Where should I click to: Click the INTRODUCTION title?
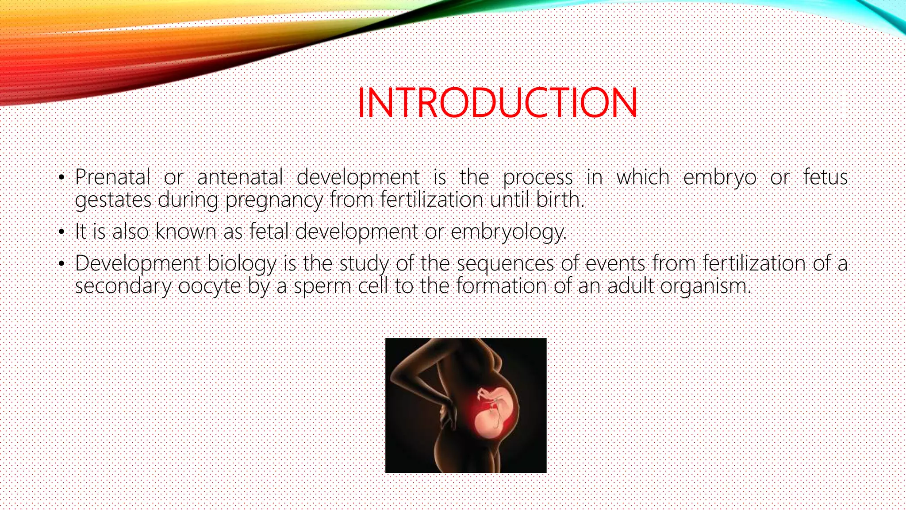[x=497, y=103]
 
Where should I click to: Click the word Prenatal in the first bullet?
[x=113, y=177]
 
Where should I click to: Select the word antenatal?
[x=240, y=177]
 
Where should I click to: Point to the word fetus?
[x=825, y=177]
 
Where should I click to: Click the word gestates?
[x=113, y=200]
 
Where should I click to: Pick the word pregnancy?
[x=274, y=200]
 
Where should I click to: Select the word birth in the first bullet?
[x=560, y=199]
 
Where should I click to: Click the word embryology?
[x=508, y=232]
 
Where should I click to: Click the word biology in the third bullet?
[x=242, y=264]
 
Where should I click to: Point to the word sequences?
[x=505, y=264]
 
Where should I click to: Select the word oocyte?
[x=209, y=286]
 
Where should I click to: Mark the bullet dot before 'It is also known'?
[x=61, y=232]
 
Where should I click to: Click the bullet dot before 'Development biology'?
[x=61, y=264]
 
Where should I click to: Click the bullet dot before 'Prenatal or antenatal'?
[x=61, y=178]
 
